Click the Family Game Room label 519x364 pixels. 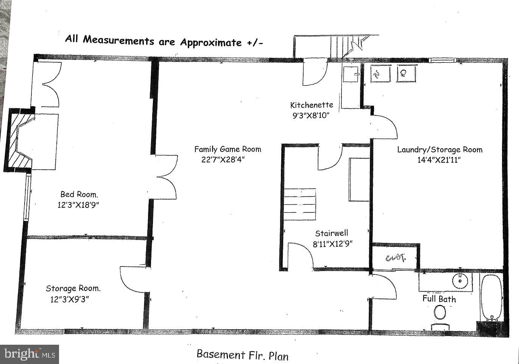228,149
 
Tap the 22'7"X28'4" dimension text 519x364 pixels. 223,160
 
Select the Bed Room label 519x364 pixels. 79,195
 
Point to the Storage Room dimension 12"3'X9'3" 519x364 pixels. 70,299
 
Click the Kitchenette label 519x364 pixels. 312,105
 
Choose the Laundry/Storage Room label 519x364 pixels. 440,150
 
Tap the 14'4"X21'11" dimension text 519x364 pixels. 439,160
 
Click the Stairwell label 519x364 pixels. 332,234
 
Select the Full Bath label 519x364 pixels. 439,299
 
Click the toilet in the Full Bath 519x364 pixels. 440,313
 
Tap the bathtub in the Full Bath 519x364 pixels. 492,297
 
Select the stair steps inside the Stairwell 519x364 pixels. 300,204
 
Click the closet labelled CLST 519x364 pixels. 396,258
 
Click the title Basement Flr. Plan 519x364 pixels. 242,355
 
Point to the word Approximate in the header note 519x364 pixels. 210,42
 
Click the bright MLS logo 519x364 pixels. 30,354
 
